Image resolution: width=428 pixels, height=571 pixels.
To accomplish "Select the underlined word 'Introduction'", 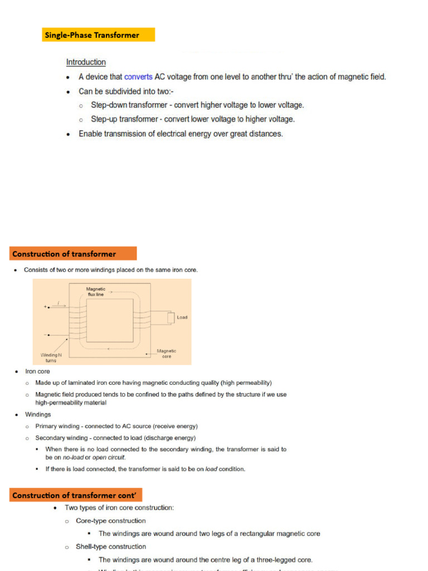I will pos(86,62).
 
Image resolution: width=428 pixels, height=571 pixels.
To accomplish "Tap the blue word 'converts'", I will pos(138,77).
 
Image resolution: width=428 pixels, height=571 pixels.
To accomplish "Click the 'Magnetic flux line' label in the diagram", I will pos(95,292).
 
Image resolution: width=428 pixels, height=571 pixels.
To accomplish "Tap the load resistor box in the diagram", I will pos(171,318).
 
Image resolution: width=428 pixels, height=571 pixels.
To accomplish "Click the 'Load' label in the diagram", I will pos(182,317).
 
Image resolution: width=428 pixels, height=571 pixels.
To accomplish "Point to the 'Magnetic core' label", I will pos(166,354).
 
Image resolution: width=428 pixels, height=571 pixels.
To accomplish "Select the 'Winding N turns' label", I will pos(51,357).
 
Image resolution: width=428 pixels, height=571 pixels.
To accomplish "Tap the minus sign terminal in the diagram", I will pos(45,335).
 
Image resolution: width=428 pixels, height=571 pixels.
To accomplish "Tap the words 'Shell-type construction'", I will pos(111,547).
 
